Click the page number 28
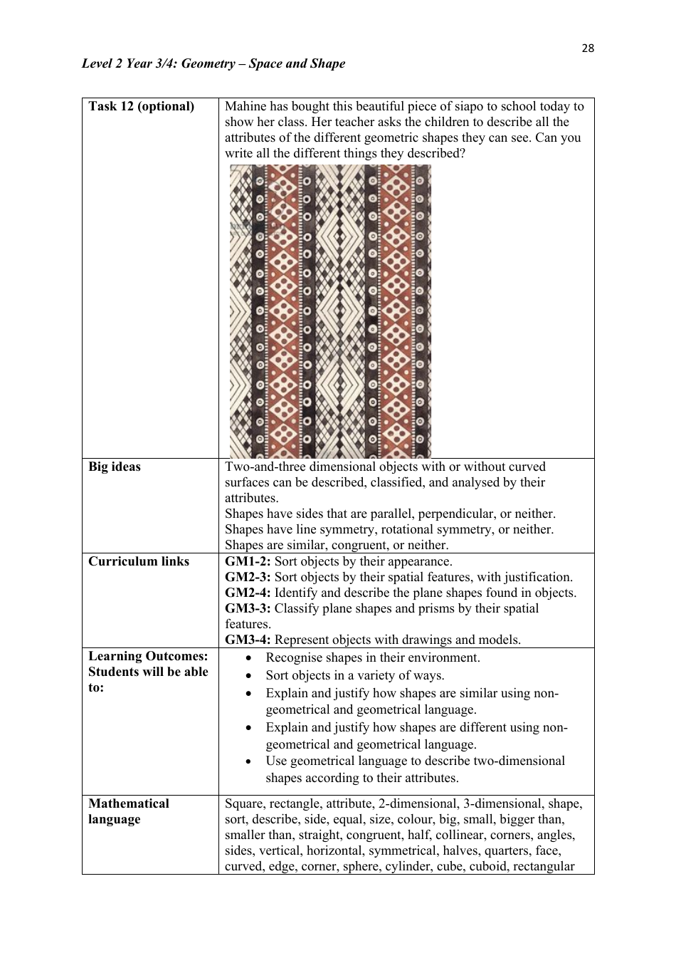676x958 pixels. coord(587,48)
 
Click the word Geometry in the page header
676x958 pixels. coord(207,63)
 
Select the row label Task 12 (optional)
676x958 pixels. coord(141,106)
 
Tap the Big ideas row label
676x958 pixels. coord(115,467)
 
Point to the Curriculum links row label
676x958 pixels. coord(139,561)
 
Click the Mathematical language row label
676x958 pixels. coord(128,811)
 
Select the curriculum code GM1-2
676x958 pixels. coord(248,561)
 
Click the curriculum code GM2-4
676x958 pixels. coord(248,593)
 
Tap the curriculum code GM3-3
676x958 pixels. coord(248,608)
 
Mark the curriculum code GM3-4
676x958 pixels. coord(248,640)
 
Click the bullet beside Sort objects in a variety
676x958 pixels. coord(248,676)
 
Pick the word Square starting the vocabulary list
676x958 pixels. coord(244,803)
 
